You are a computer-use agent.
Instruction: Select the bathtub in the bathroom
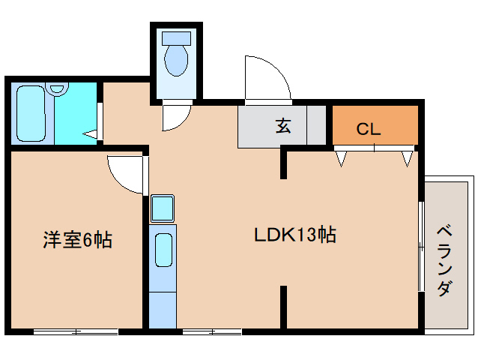[x=31, y=114]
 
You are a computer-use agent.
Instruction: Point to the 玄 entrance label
[x=283, y=126]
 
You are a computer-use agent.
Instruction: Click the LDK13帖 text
[x=294, y=235]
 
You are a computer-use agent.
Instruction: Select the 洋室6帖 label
[x=77, y=240]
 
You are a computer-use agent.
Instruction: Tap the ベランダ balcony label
[x=445, y=259]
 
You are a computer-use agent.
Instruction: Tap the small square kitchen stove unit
[x=162, y=208]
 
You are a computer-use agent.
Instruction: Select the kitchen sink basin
[x=163, y=250]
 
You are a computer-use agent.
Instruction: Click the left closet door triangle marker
[x=342, y=157]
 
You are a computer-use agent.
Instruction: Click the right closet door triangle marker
[x=407, y=157]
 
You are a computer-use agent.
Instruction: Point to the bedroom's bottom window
[x=76, y=331]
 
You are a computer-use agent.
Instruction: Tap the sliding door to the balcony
[x=421, y=247]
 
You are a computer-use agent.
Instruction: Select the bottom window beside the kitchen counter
[x=211, y=331]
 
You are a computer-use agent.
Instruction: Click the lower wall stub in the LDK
[x=284, y=306]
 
